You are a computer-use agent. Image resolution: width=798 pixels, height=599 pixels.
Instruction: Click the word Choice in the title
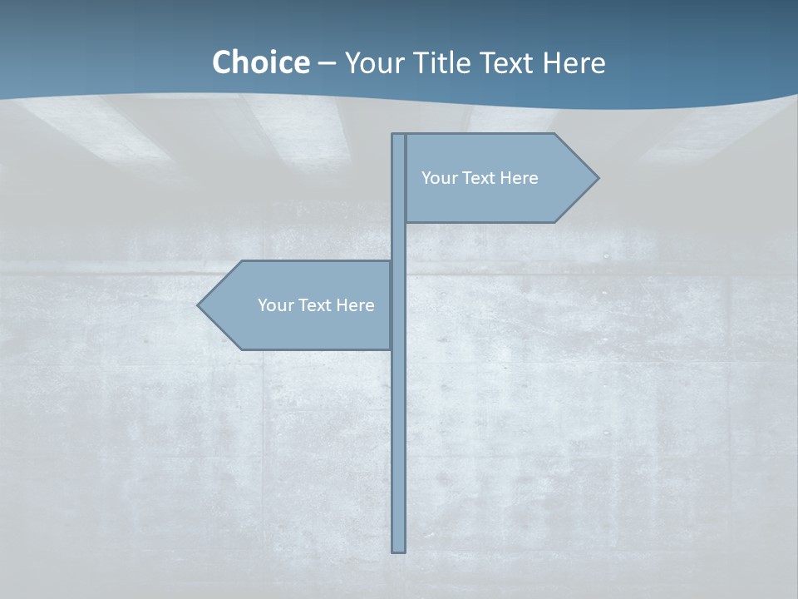260,62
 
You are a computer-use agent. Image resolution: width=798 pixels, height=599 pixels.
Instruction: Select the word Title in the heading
443,62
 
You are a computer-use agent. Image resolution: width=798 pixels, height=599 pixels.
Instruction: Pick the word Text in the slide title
507,62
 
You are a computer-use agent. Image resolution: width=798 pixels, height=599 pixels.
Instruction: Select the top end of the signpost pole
399,136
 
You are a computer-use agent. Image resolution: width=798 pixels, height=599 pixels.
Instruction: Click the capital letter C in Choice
222,62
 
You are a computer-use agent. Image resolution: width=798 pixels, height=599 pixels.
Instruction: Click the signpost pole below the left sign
399,449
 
